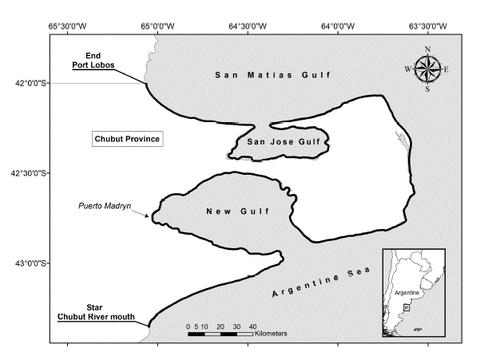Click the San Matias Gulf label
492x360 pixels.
[x=272, y=74]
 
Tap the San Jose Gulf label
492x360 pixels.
[x=276, y=142]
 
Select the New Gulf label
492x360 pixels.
[x=236, y=212]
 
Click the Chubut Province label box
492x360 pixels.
[x=128, y=139]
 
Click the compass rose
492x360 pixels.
[x=427, y=69]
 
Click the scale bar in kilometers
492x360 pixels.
[x=220, y=334]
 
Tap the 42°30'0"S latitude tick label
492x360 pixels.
[x=26, y=172]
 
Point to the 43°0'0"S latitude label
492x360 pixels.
[x=26, y=263]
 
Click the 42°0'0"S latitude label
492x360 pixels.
[x=26, y=82]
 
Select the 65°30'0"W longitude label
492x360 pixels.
[x=67, y=26]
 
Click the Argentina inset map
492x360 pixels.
[x=413, y=294]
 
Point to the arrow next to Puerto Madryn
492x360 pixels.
[x=141, y=213]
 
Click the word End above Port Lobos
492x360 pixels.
[x=92, y=55]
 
